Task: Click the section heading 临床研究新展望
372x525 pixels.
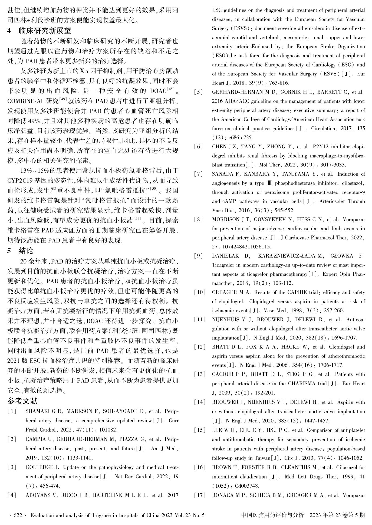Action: (45, 31)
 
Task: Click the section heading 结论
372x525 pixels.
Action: (26, 251)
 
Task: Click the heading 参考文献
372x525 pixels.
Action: (22, 401)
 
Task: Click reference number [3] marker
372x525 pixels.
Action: (12, 467)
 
